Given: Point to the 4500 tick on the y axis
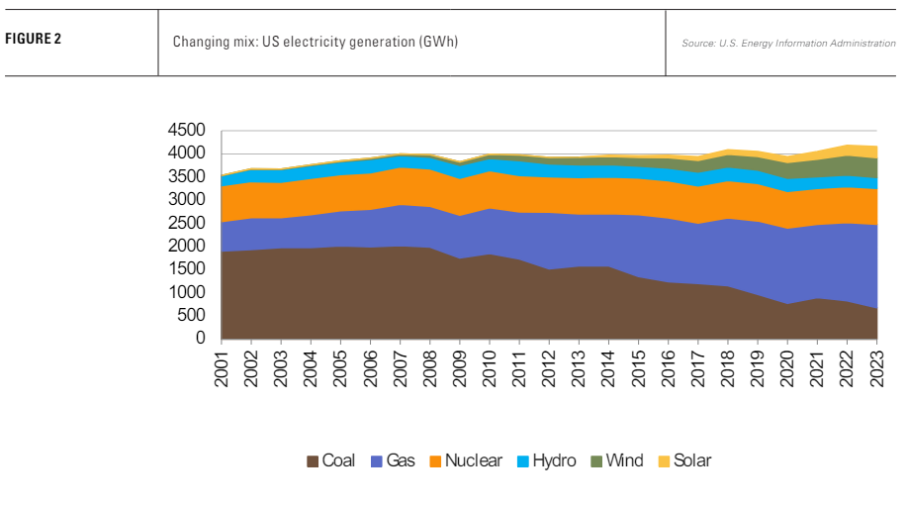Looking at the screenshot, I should pos(187,131).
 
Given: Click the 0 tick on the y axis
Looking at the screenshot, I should pos(199,339).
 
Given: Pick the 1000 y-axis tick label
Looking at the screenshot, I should pos(187,292).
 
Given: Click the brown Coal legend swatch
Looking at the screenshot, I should pos(314,461).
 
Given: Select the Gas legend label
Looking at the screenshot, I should pos(401,460).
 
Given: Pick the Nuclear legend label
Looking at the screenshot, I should pos(473,460).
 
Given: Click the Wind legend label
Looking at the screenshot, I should pos(625,460).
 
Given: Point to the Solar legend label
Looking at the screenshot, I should pos(691,460).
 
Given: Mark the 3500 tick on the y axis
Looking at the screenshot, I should pos(187,177).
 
